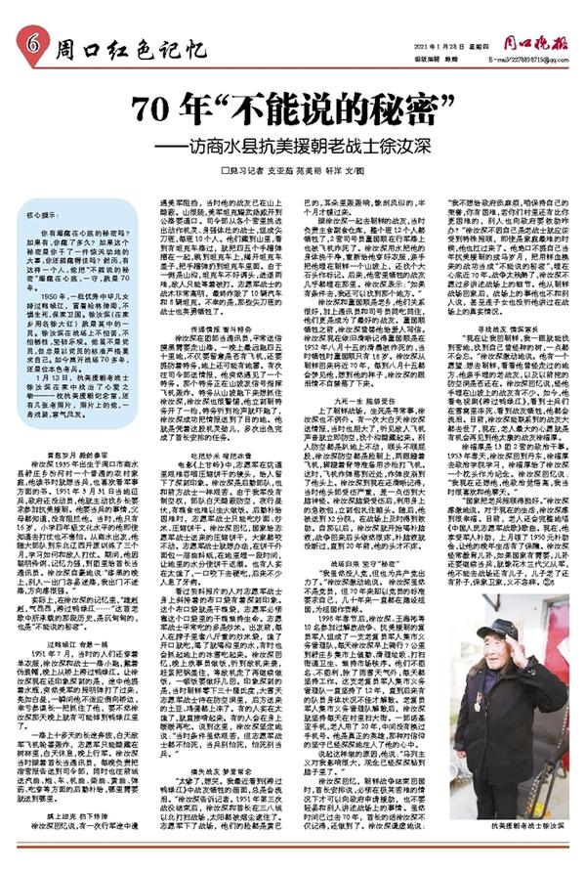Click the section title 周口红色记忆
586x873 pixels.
130,46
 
